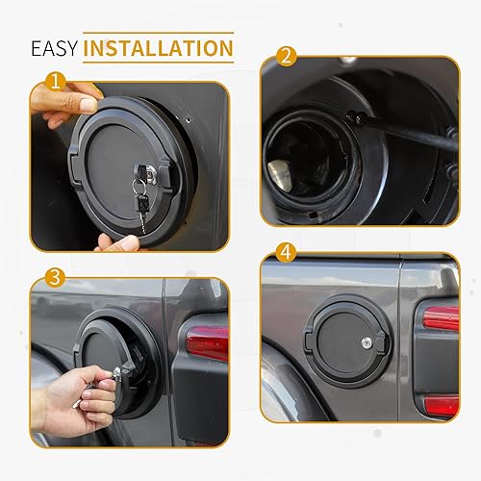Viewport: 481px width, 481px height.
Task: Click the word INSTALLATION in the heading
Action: point(158,47)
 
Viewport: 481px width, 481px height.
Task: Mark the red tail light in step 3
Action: point(207,342)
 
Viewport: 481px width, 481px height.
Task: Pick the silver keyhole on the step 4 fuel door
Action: point(367,342)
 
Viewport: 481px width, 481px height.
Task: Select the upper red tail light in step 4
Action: point(441,318)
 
